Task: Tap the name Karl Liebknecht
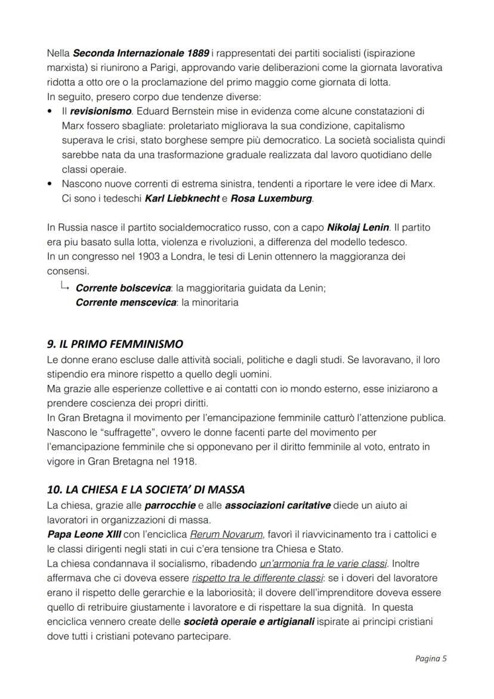[181, 198]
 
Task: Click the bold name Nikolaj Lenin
[358, 228]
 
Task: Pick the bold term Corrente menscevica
[125, 303]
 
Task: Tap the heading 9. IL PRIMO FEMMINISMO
[115, 344]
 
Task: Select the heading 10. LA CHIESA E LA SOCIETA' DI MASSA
[146, 489]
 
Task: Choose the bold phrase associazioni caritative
[277, 506]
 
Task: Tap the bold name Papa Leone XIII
[83, 534]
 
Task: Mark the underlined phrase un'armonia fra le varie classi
[323, 563]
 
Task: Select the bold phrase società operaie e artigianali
[250, 621]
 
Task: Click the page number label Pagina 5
[431, 659]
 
